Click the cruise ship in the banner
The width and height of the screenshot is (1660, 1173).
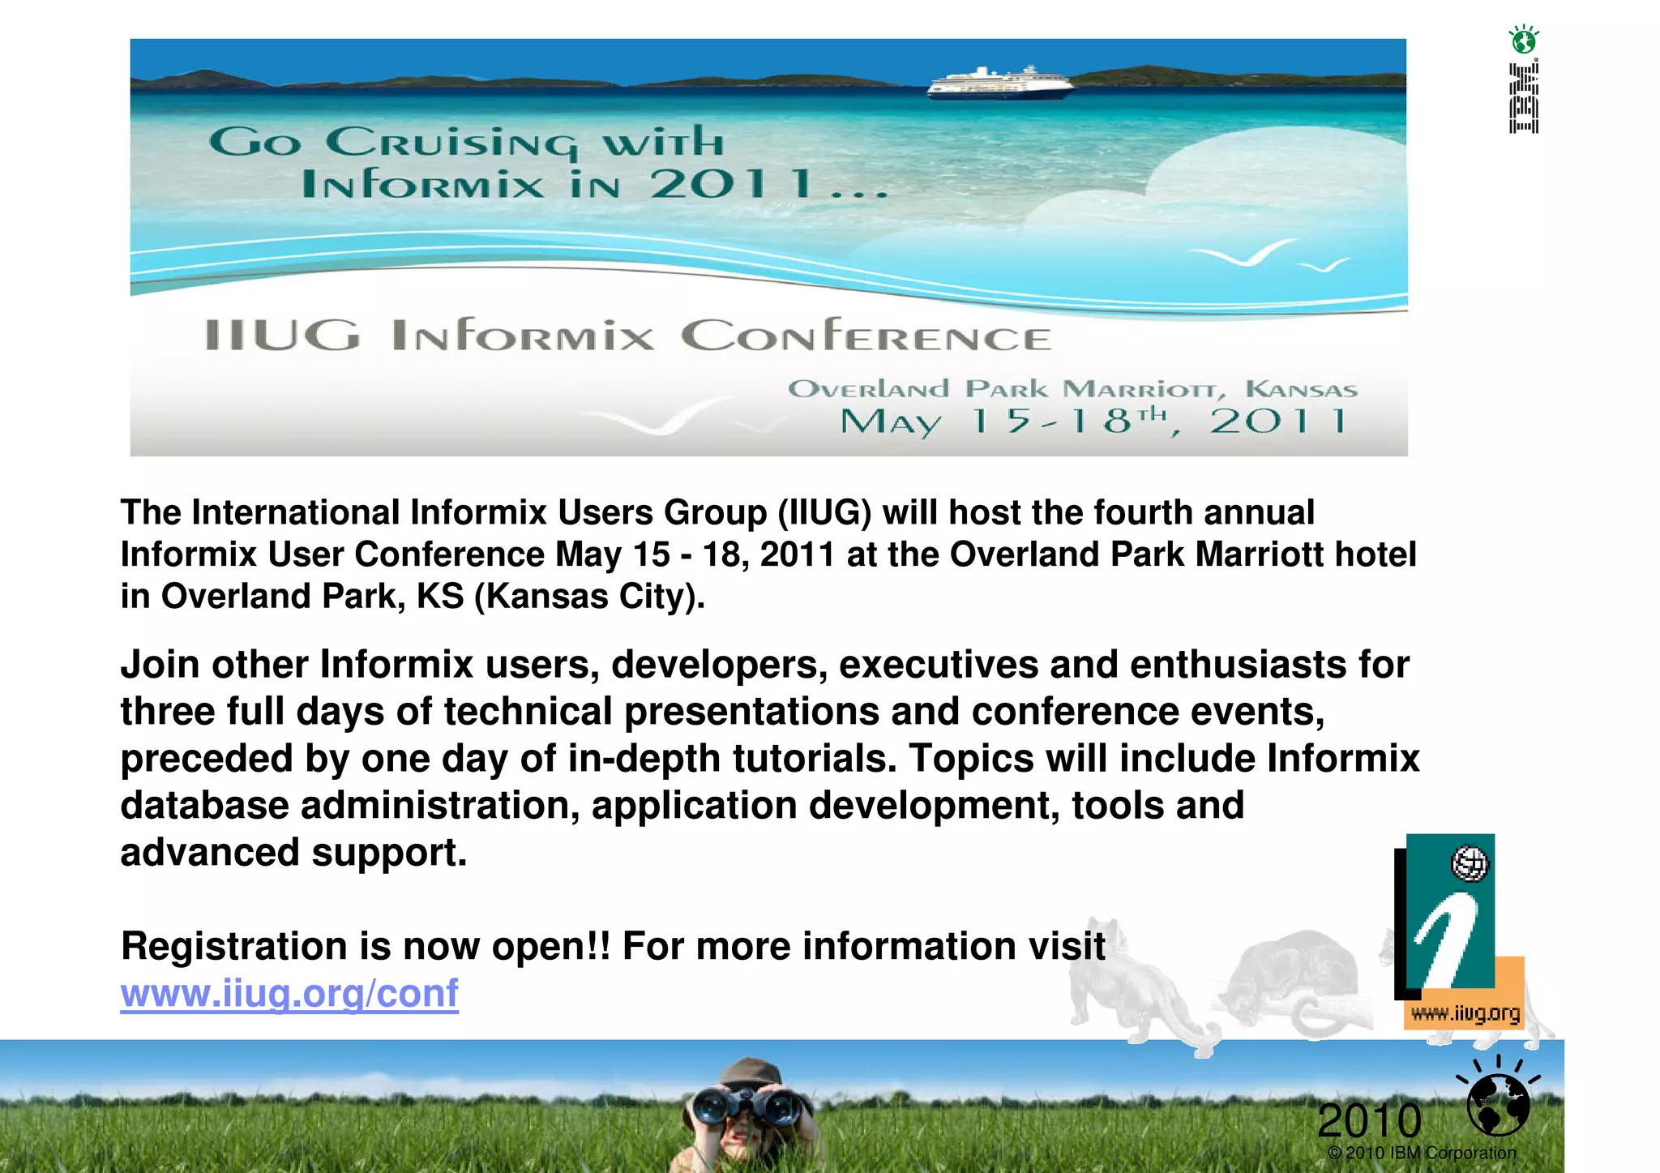pyautogui.click(x=999, y=83)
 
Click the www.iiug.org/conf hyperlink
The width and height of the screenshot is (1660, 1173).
pyautogui.click(x=289, y=994)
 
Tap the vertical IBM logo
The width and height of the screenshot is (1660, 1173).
pyautogui.click(x=1524, y=97)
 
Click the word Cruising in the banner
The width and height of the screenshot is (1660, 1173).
pyautogui.click(x=452, y=143)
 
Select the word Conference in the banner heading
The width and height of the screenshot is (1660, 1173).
pyautogui.click(x=866, y=336)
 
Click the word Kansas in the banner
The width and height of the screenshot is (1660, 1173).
pyautogui.click(x=1301, y=390)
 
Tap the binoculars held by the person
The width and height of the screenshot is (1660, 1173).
pyautogui.click(x=745, y=1104)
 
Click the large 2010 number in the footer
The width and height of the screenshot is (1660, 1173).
pyautogui.click(x=1369, y=1121)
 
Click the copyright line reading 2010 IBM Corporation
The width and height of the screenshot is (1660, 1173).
pyautogui.click(x=1422, y=1153)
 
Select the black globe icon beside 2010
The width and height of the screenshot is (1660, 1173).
pyautogui.click(x=1498, y=1104)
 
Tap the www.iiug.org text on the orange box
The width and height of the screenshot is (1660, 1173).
pyautogui.click(x=1465, y=1013)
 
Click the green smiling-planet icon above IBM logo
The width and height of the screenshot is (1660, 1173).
pyautogui.click(x=1524, y=39)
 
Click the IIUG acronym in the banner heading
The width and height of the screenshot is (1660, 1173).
pyautogui.click(x=281, y=336)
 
